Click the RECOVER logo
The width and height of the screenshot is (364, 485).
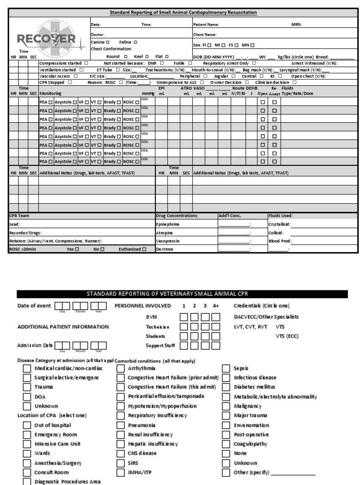(46, 37)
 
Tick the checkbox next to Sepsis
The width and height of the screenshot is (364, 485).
(226, 368)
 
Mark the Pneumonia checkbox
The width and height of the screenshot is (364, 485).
(121, 425)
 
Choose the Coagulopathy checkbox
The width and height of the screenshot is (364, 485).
(226, 444)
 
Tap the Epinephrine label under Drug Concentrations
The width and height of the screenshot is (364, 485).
(168, 224)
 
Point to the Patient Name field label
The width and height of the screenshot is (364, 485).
(206, 24)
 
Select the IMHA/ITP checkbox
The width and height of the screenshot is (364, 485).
(121, 473)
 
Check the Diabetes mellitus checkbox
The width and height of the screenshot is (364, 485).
(226, 387)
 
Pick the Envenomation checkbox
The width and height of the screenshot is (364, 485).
(226, 425)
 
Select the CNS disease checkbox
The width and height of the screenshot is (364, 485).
(121, 454)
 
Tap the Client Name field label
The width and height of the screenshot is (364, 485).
(205, 35)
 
